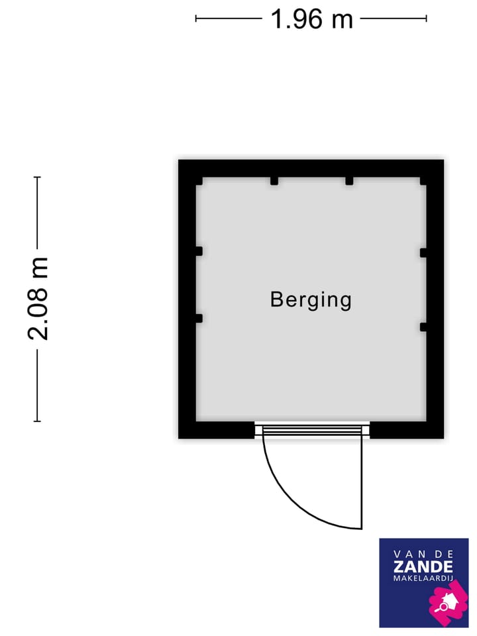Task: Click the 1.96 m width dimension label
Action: coord(311,19)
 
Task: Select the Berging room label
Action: coord(311,299)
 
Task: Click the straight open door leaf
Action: coord(362,477)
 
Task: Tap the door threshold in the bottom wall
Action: coord(312,431)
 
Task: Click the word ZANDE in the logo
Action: coord(423,566)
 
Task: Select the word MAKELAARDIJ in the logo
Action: coord(423,580)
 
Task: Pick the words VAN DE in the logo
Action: coord(423,553)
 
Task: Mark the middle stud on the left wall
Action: coord(198,251)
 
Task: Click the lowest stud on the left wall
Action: coord(198,319)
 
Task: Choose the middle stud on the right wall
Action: coord(423,252)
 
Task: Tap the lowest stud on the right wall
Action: coord(423,326)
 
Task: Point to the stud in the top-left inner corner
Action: coord(199,181)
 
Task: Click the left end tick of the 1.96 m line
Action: coord(196,19)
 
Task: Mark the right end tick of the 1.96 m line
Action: coord(426,19)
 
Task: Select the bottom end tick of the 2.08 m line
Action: coord(38,421)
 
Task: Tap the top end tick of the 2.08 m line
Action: coord(38,178)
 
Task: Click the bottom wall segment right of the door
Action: coord(406,431)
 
